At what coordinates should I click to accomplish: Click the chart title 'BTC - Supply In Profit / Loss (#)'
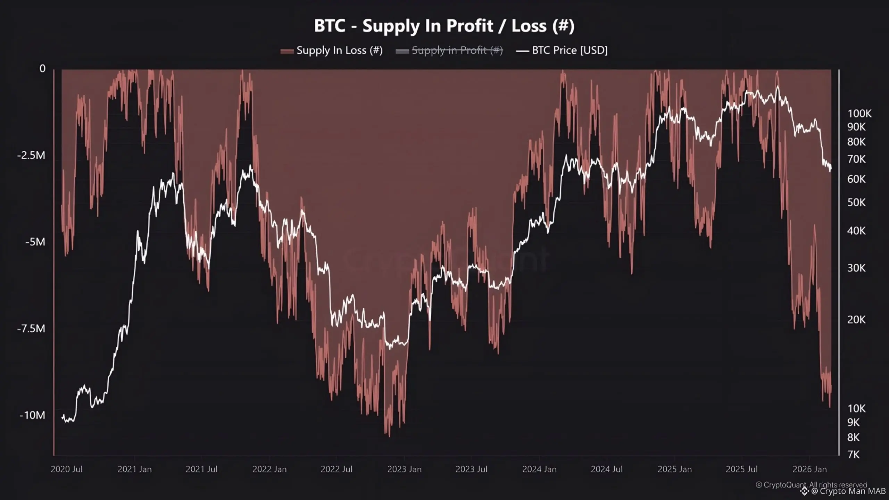[444, 26]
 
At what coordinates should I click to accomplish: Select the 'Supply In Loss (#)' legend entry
[339, 50]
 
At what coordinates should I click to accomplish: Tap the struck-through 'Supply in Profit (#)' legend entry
[457, 50]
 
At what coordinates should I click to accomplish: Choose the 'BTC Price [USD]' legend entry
[570, 50]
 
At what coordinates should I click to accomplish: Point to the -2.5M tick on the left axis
[31, 155]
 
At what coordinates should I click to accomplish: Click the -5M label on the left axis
[35, 242]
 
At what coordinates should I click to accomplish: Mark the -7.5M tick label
[31, 328]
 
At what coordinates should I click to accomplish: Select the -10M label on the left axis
[32, 415]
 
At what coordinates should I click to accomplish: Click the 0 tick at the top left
[42, 69]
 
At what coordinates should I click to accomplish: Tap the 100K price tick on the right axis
[859, 114]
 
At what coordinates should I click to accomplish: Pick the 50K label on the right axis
[856, 202]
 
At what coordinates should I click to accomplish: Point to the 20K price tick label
[856, 319]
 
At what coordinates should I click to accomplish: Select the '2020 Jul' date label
[67, 469]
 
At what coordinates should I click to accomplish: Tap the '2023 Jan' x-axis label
[404, 469]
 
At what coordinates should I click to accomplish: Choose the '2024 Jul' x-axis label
[607, 469]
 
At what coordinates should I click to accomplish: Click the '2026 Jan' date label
[809, 469]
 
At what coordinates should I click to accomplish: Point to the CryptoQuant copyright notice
[811, 484]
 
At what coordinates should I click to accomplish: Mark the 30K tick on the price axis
[856, 268]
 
